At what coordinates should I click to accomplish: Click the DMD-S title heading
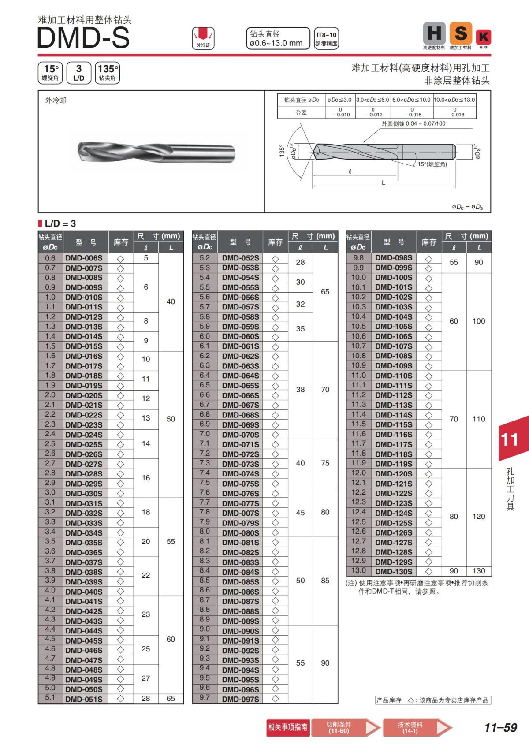(x=84, y=38)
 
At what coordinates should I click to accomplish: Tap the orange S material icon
(x=461, y=33)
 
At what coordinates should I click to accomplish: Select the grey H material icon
(x=434, y=33)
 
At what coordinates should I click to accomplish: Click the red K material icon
(x=484, y=37)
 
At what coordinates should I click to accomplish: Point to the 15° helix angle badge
(x=50, y=72)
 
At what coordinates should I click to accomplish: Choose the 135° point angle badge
(x=107, y=72)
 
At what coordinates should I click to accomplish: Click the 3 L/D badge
(x=79, y=72)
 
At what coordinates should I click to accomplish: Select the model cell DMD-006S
(x=84, y=258)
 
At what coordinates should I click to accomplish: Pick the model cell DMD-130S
(x=394, y=572)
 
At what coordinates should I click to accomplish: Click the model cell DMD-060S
(x=241, y=336)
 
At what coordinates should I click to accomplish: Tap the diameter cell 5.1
(x=50, y=698)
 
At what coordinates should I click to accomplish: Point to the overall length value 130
(x=479, y=571)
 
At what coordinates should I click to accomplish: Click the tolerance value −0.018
(x=455, y=115)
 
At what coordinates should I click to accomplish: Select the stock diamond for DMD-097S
(x=276, y=699)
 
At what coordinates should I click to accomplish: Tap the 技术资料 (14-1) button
(x=410, y=728)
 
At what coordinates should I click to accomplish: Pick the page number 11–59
(x=500, y=728)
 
